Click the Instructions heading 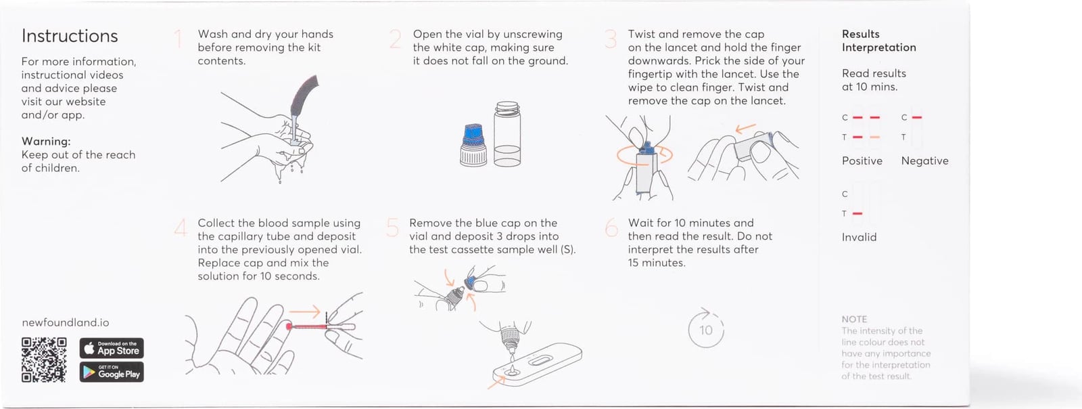click(x=70, y=37)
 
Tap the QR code click(x=44, y=360)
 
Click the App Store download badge click(x=112, y=348)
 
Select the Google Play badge click(x=112, y=372)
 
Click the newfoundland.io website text click(x=66, y=322)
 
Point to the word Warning click(x=46, y=141)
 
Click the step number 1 click(x=179, y=39)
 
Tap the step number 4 click(x=181, y=228)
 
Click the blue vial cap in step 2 click(x=473, y=136)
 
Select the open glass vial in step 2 click(x=507, y=134)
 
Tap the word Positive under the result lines click(x=862, y=161)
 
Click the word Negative click(x=924, y=161)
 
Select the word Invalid click(x=859, y=238)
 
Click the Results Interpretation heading click(x=878, y=41)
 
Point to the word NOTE click(x=854, y=319)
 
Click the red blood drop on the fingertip click(x=289, y=327)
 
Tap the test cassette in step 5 click(x=537, y=364)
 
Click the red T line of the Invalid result click(x=857, y=213)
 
